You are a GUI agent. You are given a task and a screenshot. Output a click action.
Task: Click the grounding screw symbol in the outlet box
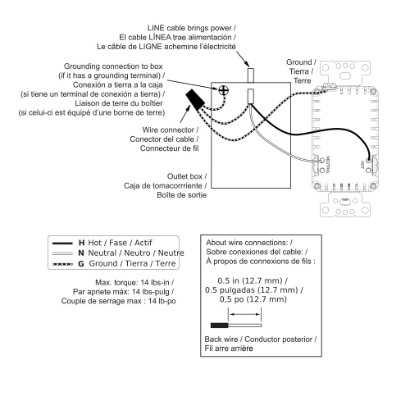(224, 90)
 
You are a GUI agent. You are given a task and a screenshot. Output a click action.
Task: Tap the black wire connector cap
(195, 99)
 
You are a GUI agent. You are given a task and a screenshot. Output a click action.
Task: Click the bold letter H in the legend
(81, 243)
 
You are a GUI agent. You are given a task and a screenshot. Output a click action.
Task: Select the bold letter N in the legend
(81, 253)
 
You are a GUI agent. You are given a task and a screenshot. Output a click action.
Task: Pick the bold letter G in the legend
(81, 264)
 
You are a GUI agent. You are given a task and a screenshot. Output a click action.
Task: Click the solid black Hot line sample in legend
(62, 243)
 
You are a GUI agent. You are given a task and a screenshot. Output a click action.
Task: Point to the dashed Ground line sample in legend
(62, 264)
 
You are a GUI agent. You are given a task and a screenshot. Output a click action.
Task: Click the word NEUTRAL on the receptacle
(328, 165)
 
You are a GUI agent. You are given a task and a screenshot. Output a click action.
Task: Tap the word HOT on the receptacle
(362, 164)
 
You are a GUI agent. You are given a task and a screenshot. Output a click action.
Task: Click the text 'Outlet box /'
(187, 176)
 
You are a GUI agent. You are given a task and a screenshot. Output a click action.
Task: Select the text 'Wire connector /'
(171, 130)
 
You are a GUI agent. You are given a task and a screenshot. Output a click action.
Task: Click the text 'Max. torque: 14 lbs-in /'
(134, 282)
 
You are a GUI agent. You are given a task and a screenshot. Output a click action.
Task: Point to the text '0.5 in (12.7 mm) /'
(253, 280)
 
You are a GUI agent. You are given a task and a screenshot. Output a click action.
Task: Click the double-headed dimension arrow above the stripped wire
(244, 314)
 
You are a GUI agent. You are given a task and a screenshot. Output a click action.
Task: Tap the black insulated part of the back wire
(219, 326)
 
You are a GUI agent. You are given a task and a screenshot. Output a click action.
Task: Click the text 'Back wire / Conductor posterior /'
(261, 339)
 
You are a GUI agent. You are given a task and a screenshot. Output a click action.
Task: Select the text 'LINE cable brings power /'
(192, 28)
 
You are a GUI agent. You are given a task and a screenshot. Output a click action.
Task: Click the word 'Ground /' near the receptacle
(301, 62)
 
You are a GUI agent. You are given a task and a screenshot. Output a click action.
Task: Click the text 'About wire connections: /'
(249, 243)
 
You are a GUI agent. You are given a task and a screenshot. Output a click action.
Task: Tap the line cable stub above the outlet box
(251, 75)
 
